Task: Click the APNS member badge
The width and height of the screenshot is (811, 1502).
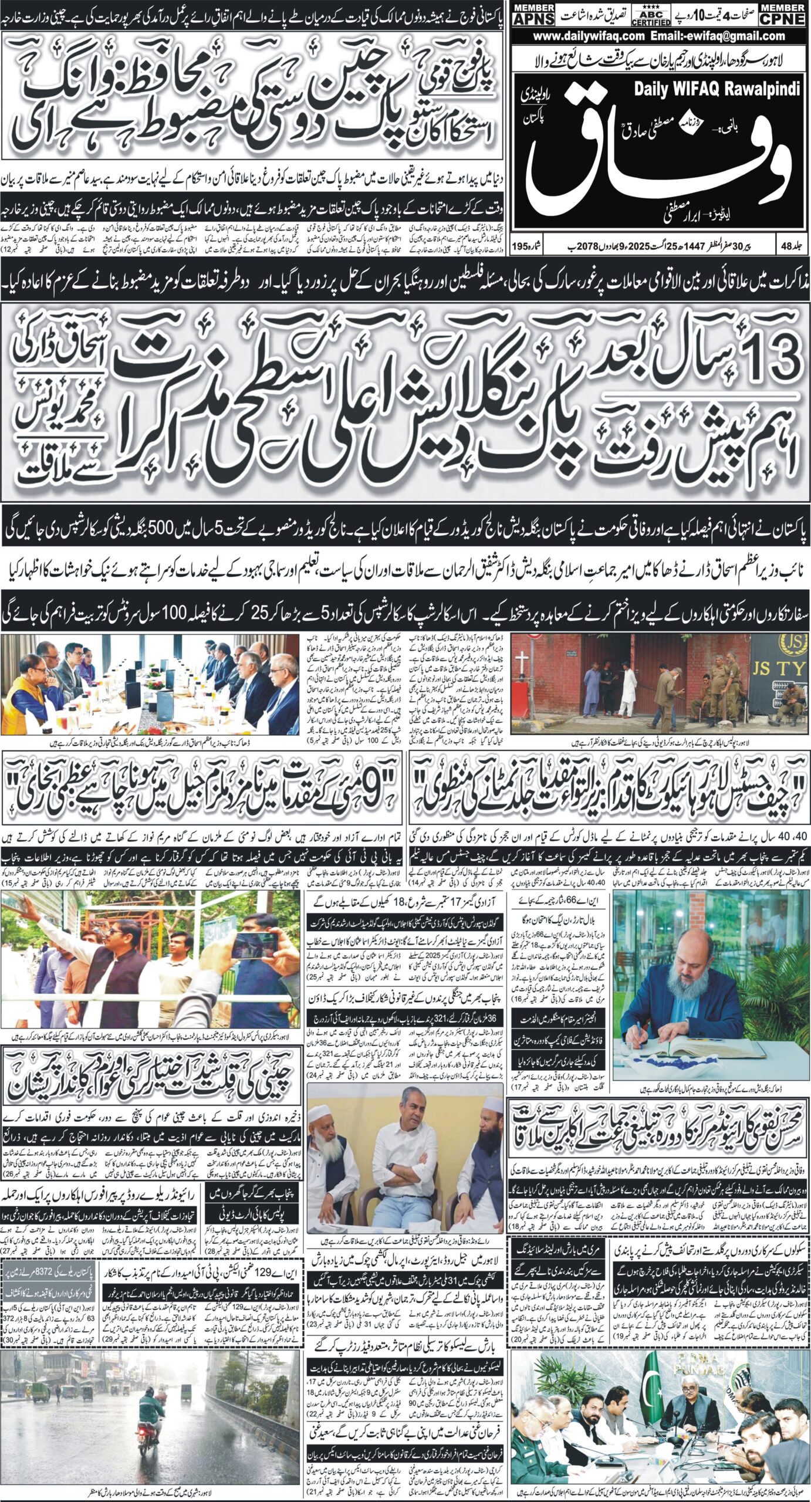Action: click(x=532, y=13)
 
